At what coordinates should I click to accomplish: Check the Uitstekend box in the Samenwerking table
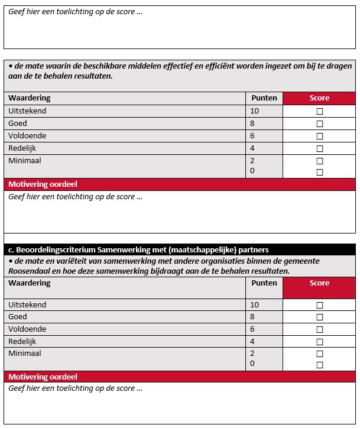[x=320, y=305]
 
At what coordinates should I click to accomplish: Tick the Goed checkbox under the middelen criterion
[x=320, y=124]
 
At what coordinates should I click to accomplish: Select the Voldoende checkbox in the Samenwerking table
[x=320, y=329]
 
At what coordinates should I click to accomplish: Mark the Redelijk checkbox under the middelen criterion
[x=320, y=148]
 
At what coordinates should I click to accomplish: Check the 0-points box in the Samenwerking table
[x=320, y=365]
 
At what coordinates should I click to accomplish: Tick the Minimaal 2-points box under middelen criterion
[x=320, y=161]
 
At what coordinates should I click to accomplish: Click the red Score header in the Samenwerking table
[x=319, y=283]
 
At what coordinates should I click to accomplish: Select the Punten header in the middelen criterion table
[x=264, y=98]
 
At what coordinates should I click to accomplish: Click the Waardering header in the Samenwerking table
[x=29, y=283]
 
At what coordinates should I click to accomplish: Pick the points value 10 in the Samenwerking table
[x=255, y=305]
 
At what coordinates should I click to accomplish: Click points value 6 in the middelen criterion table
[x=252, y=136]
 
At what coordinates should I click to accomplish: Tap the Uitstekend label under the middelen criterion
[x=27, y=111]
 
